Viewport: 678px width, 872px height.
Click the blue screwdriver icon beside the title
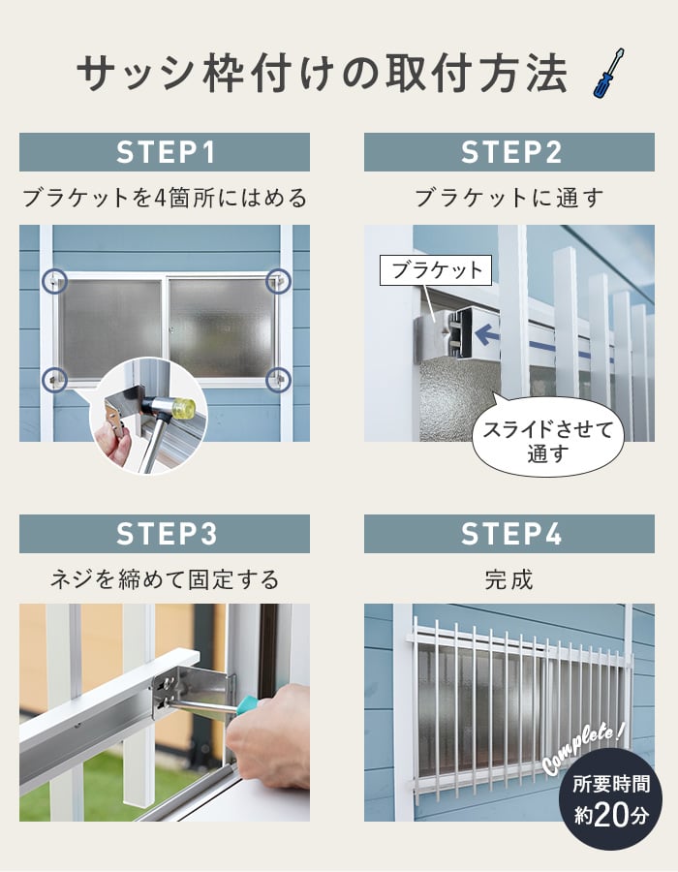(x=608, y=74)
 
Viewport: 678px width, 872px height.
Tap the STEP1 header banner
(x=165, y=152)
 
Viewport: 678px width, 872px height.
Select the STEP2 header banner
(x=509, y=152)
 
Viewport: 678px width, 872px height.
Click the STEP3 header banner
(x=165, y=534)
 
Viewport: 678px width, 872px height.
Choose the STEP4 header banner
(x=509, y=534)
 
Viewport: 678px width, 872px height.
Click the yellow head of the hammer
(x=184, y=409)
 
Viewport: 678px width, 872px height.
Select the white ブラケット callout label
(x=436, y=270)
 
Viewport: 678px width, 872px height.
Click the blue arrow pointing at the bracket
(x=487, y=334)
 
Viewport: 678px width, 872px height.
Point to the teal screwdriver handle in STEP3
(x=246, y=704)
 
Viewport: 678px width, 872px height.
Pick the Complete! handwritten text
(x=583, y=749)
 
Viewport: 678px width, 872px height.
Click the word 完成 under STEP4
(x=509, y=580)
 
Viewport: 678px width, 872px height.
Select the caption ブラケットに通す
(x=509, y=198)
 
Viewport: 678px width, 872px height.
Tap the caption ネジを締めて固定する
(x=165, y=580)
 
